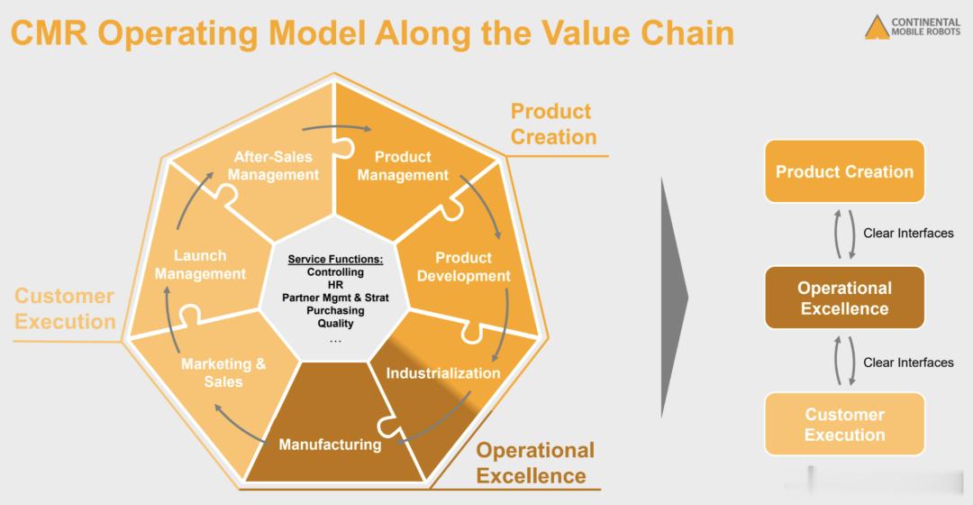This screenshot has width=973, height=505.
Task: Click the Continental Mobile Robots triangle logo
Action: tap(877, 27)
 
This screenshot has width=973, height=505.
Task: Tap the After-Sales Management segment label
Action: tap(273, 166)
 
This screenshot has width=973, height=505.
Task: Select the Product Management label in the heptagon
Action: tap(403, 166)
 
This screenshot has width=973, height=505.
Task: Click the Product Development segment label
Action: tap(464, 266)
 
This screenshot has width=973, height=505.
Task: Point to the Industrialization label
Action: tap(443, 372)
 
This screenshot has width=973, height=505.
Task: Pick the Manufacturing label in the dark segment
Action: tap(330, 444)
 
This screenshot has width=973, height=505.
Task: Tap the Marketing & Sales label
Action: tap(223, 372)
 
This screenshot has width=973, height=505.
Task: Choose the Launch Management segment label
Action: tap(200, 264)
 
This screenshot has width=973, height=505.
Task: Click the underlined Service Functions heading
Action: tap(336, 259)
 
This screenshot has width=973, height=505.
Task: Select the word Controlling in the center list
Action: tap(336, 272)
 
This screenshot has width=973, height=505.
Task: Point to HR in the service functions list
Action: tap(336, 285)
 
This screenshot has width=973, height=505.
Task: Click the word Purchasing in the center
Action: tap(336, 310)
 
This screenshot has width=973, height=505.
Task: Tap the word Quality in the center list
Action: tap(336, 324)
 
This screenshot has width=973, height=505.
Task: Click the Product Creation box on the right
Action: tap(844, 171)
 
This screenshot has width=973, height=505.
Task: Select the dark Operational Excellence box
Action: tap(844, 298)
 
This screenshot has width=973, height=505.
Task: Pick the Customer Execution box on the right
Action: tap(844, 424)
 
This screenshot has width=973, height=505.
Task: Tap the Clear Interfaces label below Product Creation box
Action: tap(908, 234)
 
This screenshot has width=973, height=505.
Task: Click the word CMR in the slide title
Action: tap(49, 32)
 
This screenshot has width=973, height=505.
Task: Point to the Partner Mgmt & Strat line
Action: tap(336, 298)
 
